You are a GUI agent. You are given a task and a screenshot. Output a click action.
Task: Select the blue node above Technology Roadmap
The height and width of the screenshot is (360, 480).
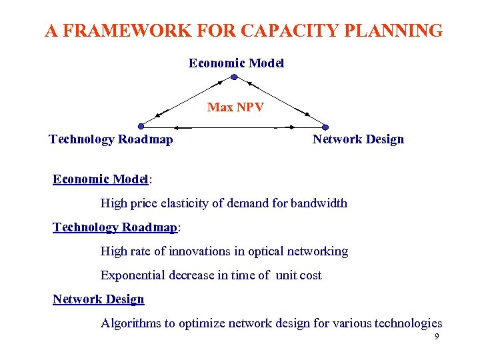[x=141, y=126]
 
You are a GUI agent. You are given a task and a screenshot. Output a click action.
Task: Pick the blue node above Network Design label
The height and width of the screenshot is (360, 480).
[x=325, y=127]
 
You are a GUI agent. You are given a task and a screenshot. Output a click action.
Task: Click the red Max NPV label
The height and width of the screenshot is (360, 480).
[x=235, y=107]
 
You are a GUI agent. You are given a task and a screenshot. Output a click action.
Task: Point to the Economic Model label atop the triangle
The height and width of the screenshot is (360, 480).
[x=236, y=63]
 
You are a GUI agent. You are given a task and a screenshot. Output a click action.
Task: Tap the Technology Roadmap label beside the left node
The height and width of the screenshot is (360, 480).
[x=111, y=139]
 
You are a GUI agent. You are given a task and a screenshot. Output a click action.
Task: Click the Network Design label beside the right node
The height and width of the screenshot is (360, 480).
[x=358, y=139]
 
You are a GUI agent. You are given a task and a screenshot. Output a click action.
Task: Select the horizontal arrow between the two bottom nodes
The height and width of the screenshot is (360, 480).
[x=233, y=127]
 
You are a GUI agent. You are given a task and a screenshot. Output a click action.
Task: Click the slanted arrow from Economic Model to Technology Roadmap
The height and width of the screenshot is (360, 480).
[x=187, y=101]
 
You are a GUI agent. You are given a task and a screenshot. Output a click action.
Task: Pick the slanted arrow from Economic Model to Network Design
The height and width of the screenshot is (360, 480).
[x=279, y=101]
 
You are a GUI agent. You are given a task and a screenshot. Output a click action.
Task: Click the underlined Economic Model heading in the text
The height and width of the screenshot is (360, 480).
[x=100, y=179]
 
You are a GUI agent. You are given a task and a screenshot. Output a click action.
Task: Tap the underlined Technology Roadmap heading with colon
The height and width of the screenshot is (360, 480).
[x=115, y=227]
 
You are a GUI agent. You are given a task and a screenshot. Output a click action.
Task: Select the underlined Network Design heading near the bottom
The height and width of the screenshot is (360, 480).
[x=98, y=299]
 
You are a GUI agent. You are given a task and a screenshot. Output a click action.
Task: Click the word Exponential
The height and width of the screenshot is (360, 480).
[x=134, y=275]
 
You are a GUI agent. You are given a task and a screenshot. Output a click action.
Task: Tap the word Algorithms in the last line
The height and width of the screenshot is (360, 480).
[x=130, y=323]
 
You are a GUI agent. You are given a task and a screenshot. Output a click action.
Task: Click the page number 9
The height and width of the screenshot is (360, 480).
[x=437, y=337]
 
